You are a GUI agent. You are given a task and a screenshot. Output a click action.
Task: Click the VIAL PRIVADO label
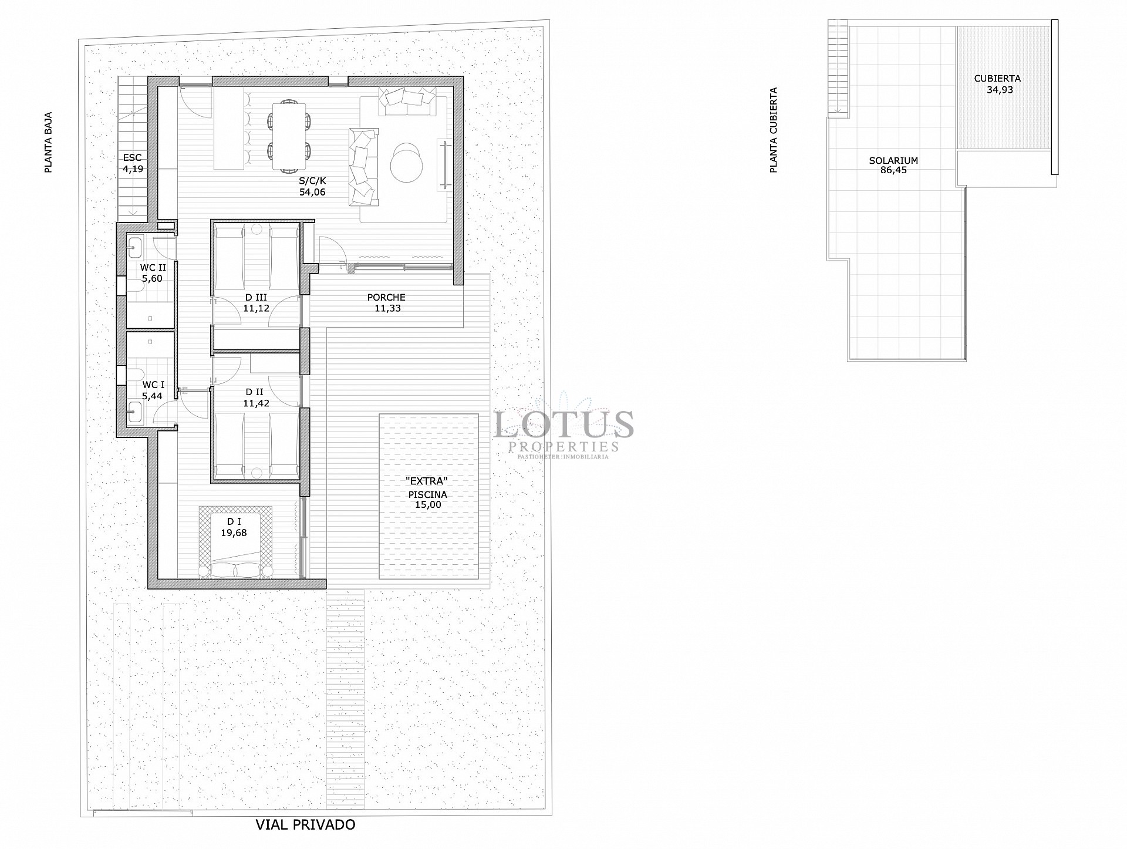[305, 825]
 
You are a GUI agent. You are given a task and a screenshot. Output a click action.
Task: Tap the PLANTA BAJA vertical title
[49, 143]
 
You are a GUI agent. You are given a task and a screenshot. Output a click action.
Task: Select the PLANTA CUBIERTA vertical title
[774, 130]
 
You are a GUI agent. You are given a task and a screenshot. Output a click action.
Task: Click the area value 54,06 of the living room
[312, 192]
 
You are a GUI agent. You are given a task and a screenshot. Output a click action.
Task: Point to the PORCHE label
[386, 297]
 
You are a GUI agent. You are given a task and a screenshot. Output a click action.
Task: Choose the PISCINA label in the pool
[428, 494]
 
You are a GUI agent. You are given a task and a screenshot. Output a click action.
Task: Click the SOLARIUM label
[893, 160]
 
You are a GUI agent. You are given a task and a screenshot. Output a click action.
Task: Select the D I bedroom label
[234, 521]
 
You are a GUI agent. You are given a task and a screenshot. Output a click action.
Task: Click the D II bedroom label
[254, 392]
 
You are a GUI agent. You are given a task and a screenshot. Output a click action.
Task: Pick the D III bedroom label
[256, 297]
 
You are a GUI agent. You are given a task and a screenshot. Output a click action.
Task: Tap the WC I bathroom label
[153, 385]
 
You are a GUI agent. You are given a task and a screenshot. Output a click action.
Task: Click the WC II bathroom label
[153, 268]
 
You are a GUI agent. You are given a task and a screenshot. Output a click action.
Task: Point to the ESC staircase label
[132, 157]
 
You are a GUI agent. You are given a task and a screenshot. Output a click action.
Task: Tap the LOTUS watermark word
[563, 424]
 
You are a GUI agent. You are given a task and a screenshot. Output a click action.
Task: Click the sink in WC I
[134, 412]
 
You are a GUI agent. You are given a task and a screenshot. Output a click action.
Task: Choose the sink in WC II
[134, 248]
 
